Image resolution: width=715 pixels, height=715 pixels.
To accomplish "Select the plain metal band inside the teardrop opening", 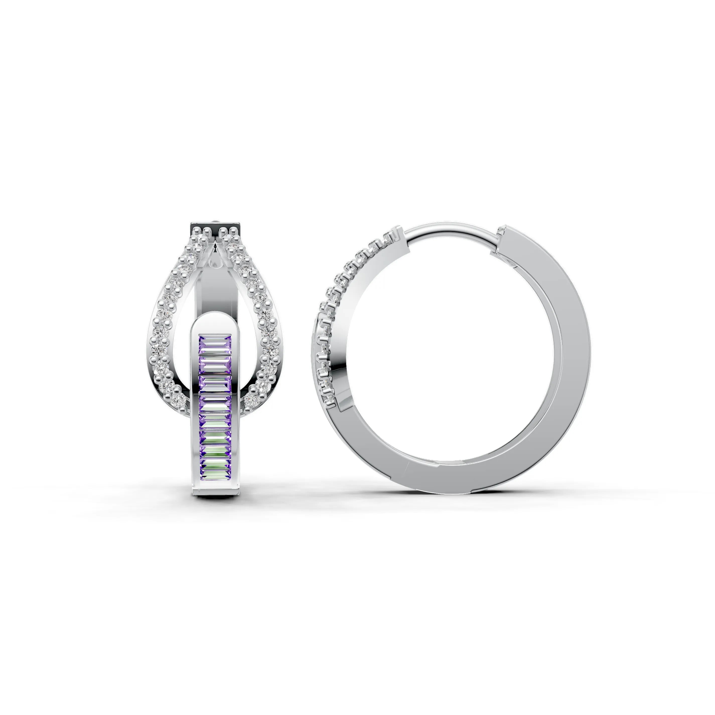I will pos(215,292).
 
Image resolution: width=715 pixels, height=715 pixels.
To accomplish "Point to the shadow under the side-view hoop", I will pos(455,498).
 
